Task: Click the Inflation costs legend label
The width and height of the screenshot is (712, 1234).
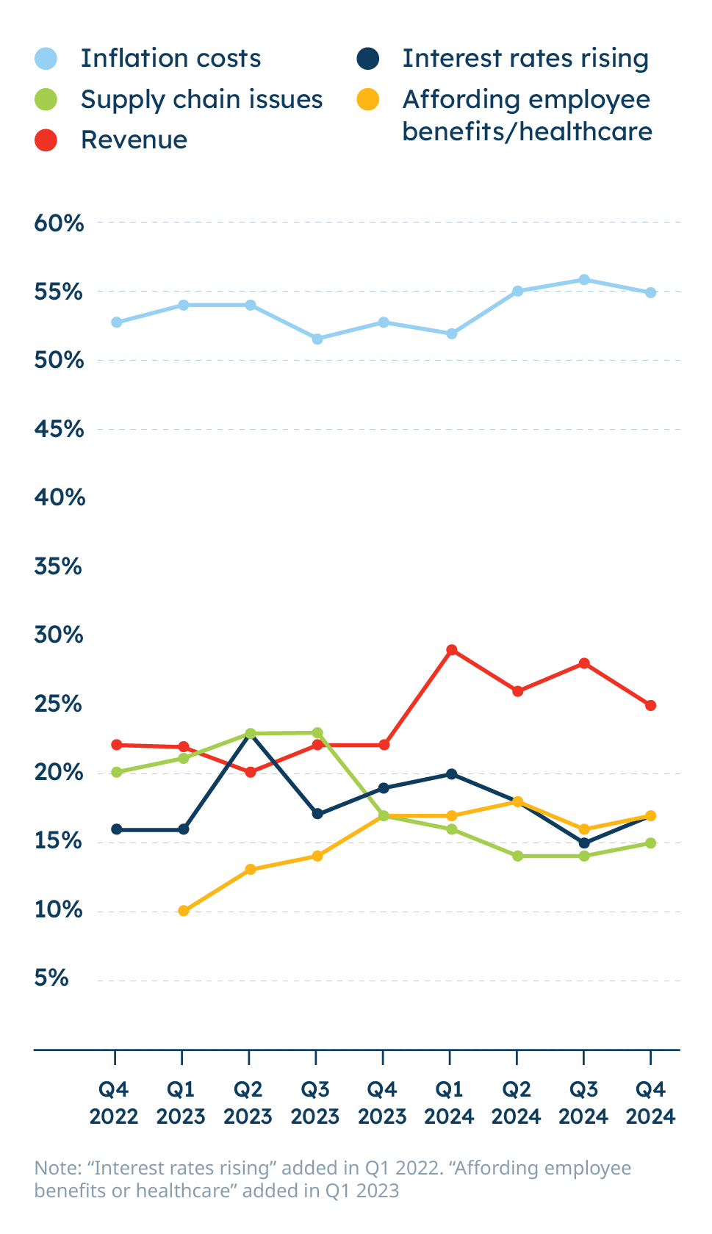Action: point(170,58)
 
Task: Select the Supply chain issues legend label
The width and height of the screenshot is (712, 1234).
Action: point(201,99)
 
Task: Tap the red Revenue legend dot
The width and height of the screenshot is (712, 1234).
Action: point(46,140)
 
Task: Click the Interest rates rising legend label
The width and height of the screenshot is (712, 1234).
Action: point(525,58)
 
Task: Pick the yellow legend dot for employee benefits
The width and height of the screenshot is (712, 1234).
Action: point(367,99)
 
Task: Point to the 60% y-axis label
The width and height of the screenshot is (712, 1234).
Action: point(59,223)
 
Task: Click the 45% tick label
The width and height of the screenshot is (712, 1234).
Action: point(59,429)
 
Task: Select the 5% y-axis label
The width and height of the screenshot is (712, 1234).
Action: point(51,978)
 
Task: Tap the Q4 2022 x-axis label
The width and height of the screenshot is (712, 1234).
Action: point(114,1103)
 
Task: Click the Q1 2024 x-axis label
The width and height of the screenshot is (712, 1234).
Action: point(450,1103)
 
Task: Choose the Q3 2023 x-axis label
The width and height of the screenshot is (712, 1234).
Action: point(315,1103)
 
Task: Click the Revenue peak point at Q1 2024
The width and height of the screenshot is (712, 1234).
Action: point(452,650)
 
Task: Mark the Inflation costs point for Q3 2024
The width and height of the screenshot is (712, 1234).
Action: point(584,280)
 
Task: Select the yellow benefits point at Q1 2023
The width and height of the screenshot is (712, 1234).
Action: point(184,911)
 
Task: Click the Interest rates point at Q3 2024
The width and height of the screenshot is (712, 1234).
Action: point(584,842)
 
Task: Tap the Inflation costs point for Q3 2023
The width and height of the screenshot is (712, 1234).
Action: point(317,339)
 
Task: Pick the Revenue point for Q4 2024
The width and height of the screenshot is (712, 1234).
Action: point(650,705)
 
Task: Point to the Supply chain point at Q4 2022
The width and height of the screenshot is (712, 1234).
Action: point(116,772)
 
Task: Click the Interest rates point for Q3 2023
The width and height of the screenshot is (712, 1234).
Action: point(317,814)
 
